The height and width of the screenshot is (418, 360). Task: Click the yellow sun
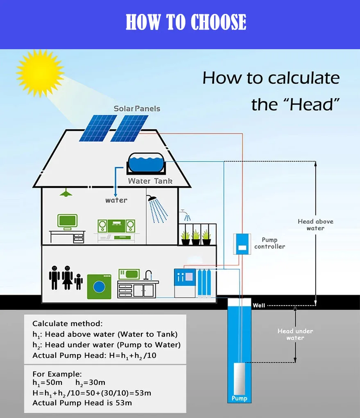pyautogui.click(x=40, y=73)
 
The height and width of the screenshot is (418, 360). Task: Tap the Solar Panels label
pyautogui.click(x=137, y=109)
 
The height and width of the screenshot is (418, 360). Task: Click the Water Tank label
pyautogui.click(x=150, y=181)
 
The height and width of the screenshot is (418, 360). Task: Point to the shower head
pyautogui.click(x=153, y=199)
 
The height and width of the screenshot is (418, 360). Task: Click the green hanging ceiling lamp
pyautogui.click(x=64, y=193)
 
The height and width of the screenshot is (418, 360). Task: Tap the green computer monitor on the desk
pyautogui.click(x=67, y=222)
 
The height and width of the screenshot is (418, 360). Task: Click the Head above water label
pyautogui.click(x=315, y=225)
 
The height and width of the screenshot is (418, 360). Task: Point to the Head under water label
pyautogui.click(x=295, y=334)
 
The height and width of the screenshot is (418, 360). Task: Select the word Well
pyautogui.click(x=259, y=305)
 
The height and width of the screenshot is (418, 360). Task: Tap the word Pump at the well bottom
pyautogui.click(x=239, y=398)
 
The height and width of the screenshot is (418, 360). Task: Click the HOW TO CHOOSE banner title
pyautogui.click(x=186, y=23)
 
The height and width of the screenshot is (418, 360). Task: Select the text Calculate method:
pyautogui.click(x=68, y=324)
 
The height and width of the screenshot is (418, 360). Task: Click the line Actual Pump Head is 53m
pyautogui.click(x=82, y=403)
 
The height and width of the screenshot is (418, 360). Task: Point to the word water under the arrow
pyautogui.click(x=116, y=200)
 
